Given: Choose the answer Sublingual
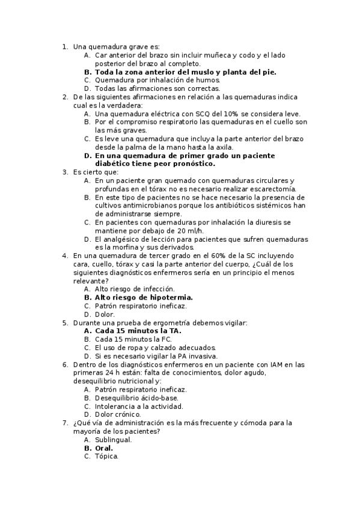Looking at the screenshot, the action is (x=113, y=439).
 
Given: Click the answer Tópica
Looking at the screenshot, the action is (x=106, y=456).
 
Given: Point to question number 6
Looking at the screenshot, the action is (x=65, y=364).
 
